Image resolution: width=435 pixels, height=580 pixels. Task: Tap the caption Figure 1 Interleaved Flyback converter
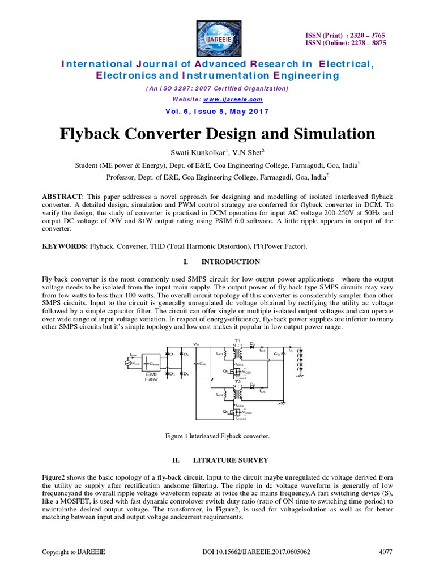(217, 436)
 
